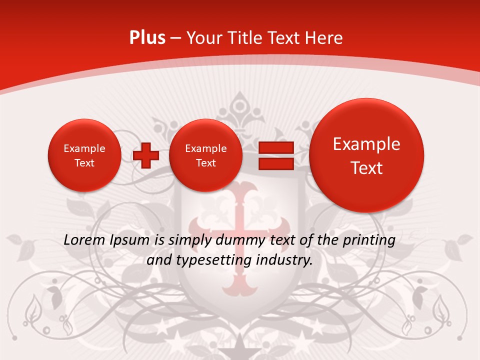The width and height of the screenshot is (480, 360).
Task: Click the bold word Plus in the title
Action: [x=147, y=38]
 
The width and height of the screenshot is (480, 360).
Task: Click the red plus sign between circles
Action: [x=146, y=155]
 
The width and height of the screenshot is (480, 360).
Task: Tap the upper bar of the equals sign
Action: [x=275, y=147]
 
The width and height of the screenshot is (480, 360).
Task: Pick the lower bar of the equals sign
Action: [x=275, y=163]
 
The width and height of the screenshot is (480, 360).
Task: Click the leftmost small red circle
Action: [x=84, y=155]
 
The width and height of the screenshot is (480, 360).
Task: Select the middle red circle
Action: [x=205, y=155]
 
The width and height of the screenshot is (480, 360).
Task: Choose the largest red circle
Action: [x=366, y=155]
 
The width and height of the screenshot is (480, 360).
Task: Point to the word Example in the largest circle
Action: [x=366, y=144]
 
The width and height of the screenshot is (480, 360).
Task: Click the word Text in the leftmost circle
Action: [x=84, y=163]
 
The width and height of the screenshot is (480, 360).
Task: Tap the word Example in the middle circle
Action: [x=205, y=148]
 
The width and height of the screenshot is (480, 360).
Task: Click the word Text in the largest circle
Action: [x=366, y=168]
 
